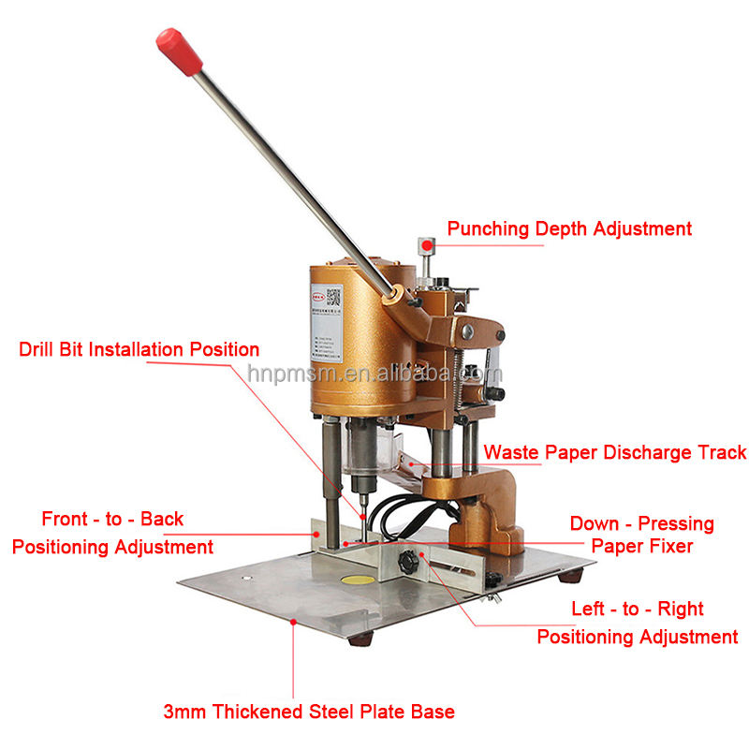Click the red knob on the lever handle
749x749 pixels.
[179, 51]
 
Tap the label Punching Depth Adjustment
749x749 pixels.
[569, 228]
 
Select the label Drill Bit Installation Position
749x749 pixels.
[140, 350]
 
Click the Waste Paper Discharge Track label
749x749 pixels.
[615, 453]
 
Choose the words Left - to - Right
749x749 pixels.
[638, 609]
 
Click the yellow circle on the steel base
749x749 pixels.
[359, 581]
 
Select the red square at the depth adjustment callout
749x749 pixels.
[427, 245]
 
